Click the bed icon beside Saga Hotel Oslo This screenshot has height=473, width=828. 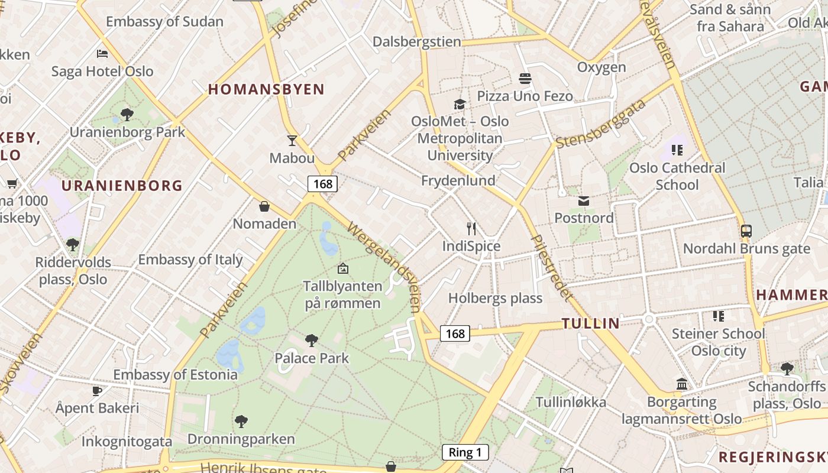(x=102, y=54)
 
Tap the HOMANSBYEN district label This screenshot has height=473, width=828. (x=266, y=89)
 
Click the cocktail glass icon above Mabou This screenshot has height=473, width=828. (x=292, y=140)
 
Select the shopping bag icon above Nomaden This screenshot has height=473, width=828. (x=264, y=206)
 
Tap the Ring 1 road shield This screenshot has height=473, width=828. (x=465, y=453)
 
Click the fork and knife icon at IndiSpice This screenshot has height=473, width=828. (x=471, y=229)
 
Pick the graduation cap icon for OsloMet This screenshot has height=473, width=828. (x=460, y=105)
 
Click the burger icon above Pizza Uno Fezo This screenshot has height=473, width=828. (x=525, y=78)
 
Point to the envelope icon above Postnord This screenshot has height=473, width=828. (x=584, y=201)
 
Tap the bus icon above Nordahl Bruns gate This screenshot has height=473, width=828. (x=746, y=231)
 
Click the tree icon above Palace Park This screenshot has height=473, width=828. (x=312, y=341)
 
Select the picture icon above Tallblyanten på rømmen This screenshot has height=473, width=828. (x=342, y=269)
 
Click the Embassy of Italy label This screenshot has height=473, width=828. (x=190, y=260)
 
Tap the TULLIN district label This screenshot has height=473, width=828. (x=590, y=323)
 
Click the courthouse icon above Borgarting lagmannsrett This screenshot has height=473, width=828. (x=682, y=384)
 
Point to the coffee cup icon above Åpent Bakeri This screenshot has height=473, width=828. (x=97, y=391)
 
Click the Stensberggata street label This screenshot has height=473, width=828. (x=600, y=124)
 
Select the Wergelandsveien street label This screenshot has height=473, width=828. (x=386, y=265)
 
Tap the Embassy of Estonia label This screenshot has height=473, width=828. (x=175, y=375)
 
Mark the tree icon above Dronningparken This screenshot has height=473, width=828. (x=241, y=422)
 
